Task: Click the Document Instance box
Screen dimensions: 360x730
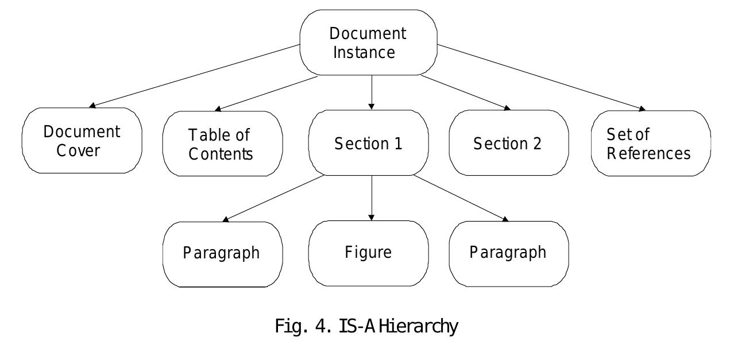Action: click(x=369, y=42)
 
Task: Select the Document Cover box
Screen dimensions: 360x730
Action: click(x=82, y=141)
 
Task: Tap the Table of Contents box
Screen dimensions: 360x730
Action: click(x=222, y=144)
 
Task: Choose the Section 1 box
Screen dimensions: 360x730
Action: click(x=369, y=144)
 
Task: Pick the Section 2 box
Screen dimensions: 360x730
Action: click(x=508, y=144)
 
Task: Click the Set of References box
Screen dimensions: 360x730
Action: click(x=650, y=144)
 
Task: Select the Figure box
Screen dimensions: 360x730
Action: click(x=369, y=253)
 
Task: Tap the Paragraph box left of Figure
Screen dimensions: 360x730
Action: click(x=222, y=253)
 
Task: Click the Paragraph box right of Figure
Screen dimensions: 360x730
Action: click(x=508, y=253)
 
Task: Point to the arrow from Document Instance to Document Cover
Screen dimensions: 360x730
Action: click(x=195, y=76)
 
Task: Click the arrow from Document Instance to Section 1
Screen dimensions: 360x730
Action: click(x=372, y=92)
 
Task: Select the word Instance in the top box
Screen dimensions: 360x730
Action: click(x=364, y=52)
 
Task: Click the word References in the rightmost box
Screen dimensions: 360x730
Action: click(x=649, y=153)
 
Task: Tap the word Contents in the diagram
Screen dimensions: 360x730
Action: click(x=221, y=154)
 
